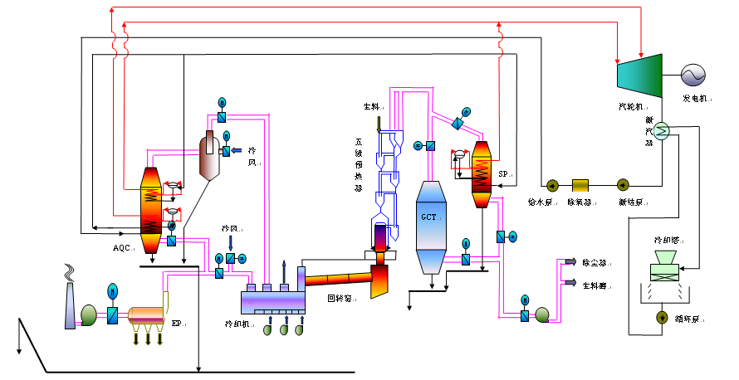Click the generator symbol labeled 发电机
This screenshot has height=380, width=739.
(x=693, y=76)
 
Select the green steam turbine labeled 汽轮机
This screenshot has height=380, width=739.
(x=638, y=74)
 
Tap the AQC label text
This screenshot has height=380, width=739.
(x=122, y=247)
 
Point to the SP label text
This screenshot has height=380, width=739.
(x=504, y=174)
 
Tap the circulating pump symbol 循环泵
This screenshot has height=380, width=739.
(x=663, y=316)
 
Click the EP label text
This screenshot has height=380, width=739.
(x=177, y=324)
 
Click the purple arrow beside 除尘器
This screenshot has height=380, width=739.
(x=570, y=262)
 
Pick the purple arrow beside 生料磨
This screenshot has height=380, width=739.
(x=570, y=283)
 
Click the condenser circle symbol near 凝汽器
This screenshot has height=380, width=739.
(x=662, y=131)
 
